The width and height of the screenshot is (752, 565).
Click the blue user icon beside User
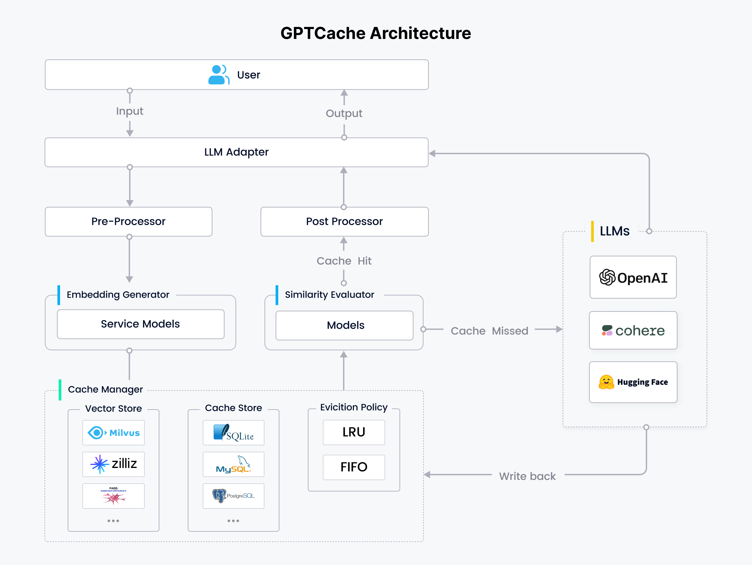pyautogui.click(x=218, y=75)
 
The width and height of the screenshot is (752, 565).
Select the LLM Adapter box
pyautogui.click(x=236, y=152)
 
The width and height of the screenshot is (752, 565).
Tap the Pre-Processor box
pyautogui.click(x=129, y=221)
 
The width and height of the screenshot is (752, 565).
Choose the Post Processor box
pyautogui.click(x=344, y=221)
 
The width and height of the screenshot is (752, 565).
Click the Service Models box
pyautogui.click(x=141, y=324)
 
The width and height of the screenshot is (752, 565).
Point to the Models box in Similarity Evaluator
pyautogui.click(x=345, y=325)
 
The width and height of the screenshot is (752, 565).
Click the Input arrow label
pyautogui.click(x=130, y=111)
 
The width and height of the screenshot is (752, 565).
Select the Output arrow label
pyautogui.click(x=344, y=113)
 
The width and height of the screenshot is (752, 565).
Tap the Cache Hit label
pyautogui.click(x=344, y=261)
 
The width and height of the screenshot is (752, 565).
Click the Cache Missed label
pyautogui.click(x=489, y=331)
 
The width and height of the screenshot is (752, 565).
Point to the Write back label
pyautogui.click(x=527, y=476)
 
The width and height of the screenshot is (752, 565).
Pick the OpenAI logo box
pyautogui.click(x=633, y=277)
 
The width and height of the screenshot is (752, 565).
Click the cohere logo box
pyautogui.click(x=633, y=330)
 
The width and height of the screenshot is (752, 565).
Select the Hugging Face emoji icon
pyautogui.click(x=606, y=382)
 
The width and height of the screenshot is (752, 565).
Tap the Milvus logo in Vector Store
pyautogui.click(x=113, y=433)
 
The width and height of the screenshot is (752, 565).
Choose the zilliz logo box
pyautogui.click(x=113, y=464)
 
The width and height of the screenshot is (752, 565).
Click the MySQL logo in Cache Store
pyautogui.click(x=233, y=464)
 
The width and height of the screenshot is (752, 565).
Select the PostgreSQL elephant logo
pyautogui.click(x=219, y=496)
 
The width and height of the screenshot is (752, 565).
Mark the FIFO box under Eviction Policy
pyautogui.click(x=354, y=467)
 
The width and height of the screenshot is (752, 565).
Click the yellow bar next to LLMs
pyautogui.click(x=592, y=231)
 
